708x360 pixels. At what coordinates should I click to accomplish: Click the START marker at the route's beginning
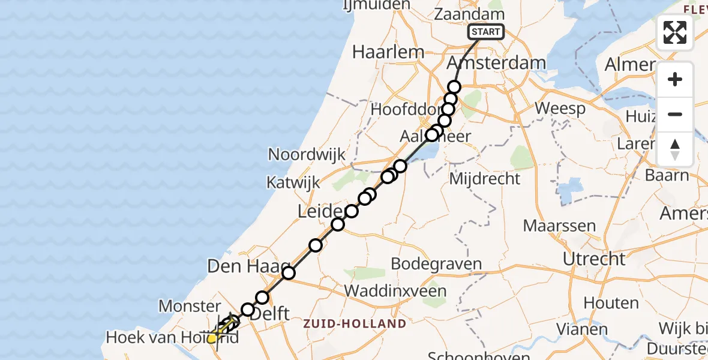486,32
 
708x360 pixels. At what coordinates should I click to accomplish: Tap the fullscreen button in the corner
675,32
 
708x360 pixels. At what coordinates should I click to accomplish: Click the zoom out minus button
675,114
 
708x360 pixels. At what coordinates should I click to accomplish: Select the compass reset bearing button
675,149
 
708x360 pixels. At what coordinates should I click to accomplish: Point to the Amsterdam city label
497,63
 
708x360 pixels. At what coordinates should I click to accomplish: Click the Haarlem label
388,52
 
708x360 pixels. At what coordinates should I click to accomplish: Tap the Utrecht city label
594,259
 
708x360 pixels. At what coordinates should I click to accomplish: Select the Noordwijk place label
307,154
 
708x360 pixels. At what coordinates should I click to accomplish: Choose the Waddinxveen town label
396,291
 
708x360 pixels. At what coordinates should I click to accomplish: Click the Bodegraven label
436,264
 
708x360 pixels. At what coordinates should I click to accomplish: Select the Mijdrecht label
484,178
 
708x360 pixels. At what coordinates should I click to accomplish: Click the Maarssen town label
559,226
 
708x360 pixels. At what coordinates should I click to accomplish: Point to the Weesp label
560,109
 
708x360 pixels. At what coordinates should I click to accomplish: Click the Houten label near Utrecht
602,304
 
